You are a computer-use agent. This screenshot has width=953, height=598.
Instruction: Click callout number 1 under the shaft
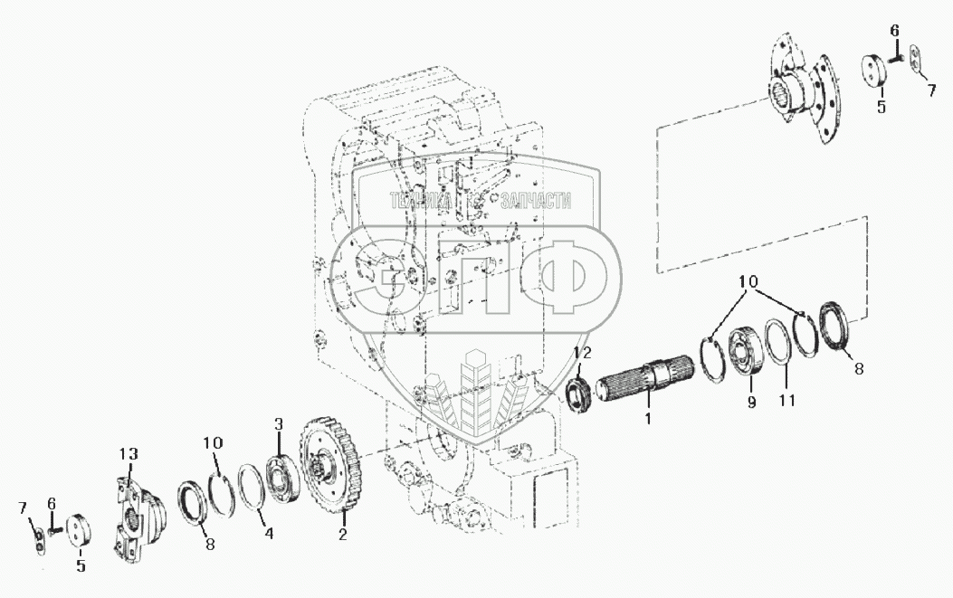coord(648,418)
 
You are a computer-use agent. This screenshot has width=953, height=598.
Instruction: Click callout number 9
coord(751,403)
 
